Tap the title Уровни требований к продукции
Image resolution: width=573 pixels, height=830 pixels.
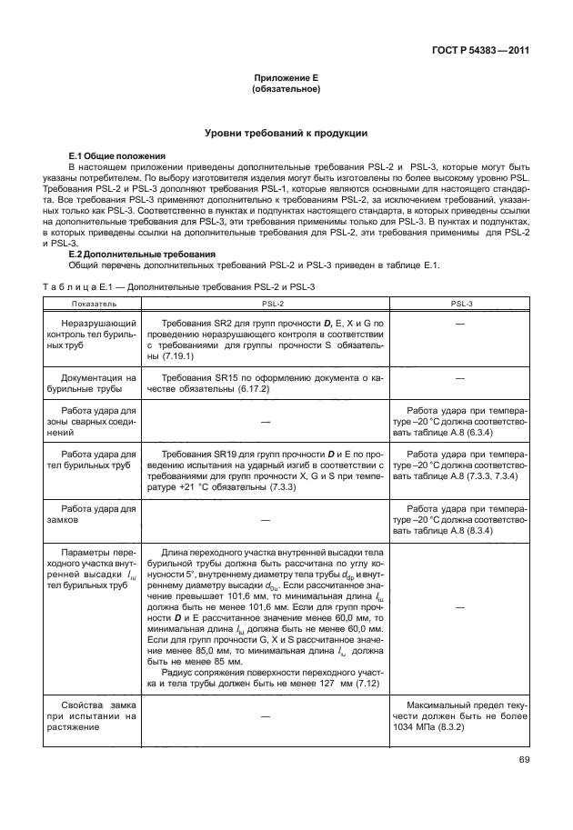(x=285, y=134)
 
